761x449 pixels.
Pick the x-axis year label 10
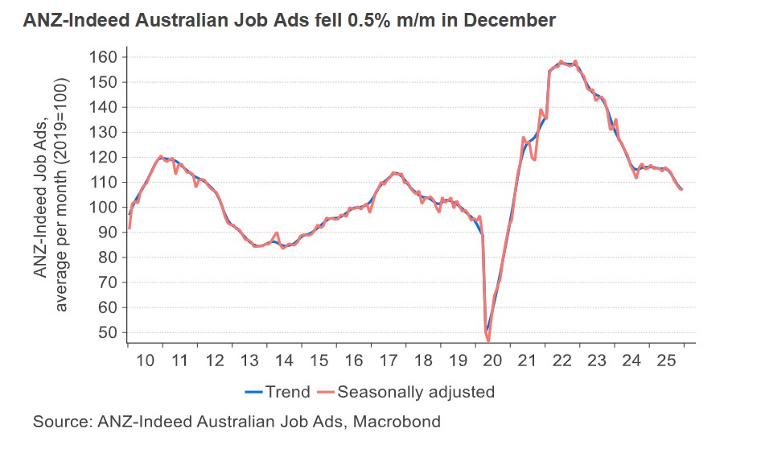click(x=145, y=359)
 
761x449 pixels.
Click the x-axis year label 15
click(x=319, y=359)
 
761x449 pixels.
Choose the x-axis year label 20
click(x=492, y=359)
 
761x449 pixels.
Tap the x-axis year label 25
click(x=666, y=359)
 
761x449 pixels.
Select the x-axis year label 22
click(x=561, y=359)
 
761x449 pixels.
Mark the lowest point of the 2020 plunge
click(x=488, y=340)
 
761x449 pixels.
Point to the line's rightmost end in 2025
click(x=682, y=190)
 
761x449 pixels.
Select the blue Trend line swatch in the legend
click(x=254, y=393)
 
